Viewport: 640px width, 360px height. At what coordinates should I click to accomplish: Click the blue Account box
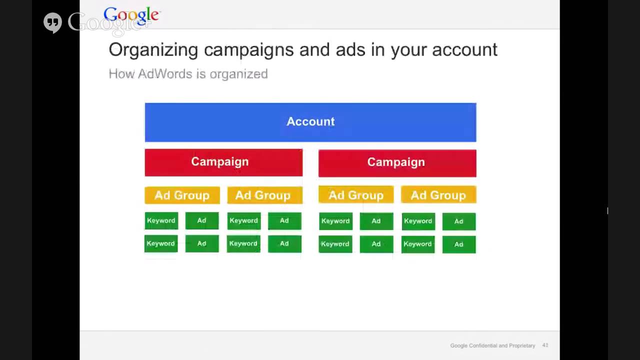[x=310, y=122]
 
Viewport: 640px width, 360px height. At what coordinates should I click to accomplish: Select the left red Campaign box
[x=223, y=162]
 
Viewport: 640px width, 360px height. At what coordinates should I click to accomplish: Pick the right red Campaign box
[x=397, y=162]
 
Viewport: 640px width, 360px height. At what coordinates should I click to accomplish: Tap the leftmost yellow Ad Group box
[x=182, y=195]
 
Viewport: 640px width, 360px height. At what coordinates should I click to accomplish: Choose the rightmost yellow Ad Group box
[x=438, y=195]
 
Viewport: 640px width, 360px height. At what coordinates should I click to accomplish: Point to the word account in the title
[x=464, y=50]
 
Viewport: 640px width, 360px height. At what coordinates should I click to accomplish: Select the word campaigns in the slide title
[x=249, y=50]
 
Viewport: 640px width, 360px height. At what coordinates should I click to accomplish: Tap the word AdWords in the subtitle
[x=165, y=74]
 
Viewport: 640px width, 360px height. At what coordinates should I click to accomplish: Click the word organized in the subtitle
[x=238, y=74]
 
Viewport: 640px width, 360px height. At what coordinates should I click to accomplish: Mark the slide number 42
[x=545, y=345]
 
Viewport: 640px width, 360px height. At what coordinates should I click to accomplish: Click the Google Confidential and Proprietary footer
[x=492, y=345]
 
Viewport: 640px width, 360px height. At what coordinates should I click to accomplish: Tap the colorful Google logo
[x=131, y=16]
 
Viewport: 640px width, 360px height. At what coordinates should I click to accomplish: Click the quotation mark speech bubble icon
[x=52, y=23]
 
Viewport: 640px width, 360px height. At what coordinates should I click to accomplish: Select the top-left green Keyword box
[x=161, y=220]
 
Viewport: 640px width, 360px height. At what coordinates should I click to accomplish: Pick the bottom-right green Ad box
[x=458, y=244]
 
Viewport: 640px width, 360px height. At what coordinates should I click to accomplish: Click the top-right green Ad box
[x=458, y=221]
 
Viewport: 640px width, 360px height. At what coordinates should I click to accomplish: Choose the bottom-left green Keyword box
[x=161, y=243]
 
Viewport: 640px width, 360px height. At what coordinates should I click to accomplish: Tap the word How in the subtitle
[x=121, y=74]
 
